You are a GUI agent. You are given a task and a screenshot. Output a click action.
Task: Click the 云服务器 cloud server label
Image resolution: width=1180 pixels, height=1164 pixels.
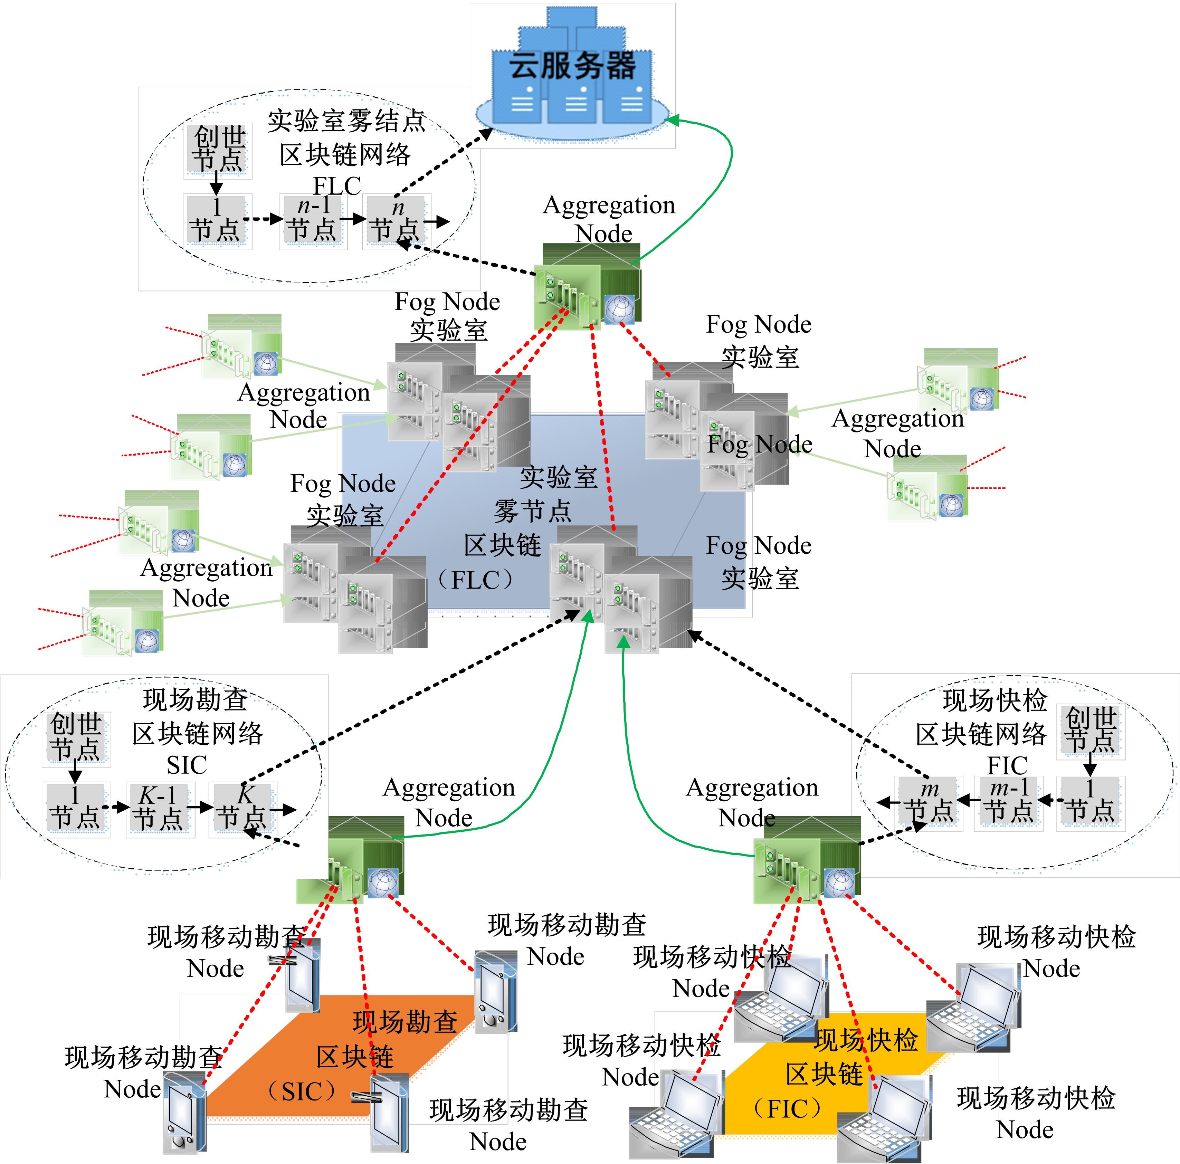coord(572,65)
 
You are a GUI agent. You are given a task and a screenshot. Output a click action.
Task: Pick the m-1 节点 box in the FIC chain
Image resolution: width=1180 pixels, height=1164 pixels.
coord(1008,802)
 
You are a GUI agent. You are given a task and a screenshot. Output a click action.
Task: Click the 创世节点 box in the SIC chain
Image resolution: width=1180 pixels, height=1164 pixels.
coord(76,738)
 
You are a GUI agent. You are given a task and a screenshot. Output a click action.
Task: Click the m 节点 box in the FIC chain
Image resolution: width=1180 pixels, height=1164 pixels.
coord(929,802)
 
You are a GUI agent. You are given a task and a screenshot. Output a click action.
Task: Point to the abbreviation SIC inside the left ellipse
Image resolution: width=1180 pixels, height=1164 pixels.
coord(187,765)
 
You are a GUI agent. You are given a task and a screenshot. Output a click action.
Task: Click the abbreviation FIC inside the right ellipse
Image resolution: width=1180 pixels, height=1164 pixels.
coord(1007,765)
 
